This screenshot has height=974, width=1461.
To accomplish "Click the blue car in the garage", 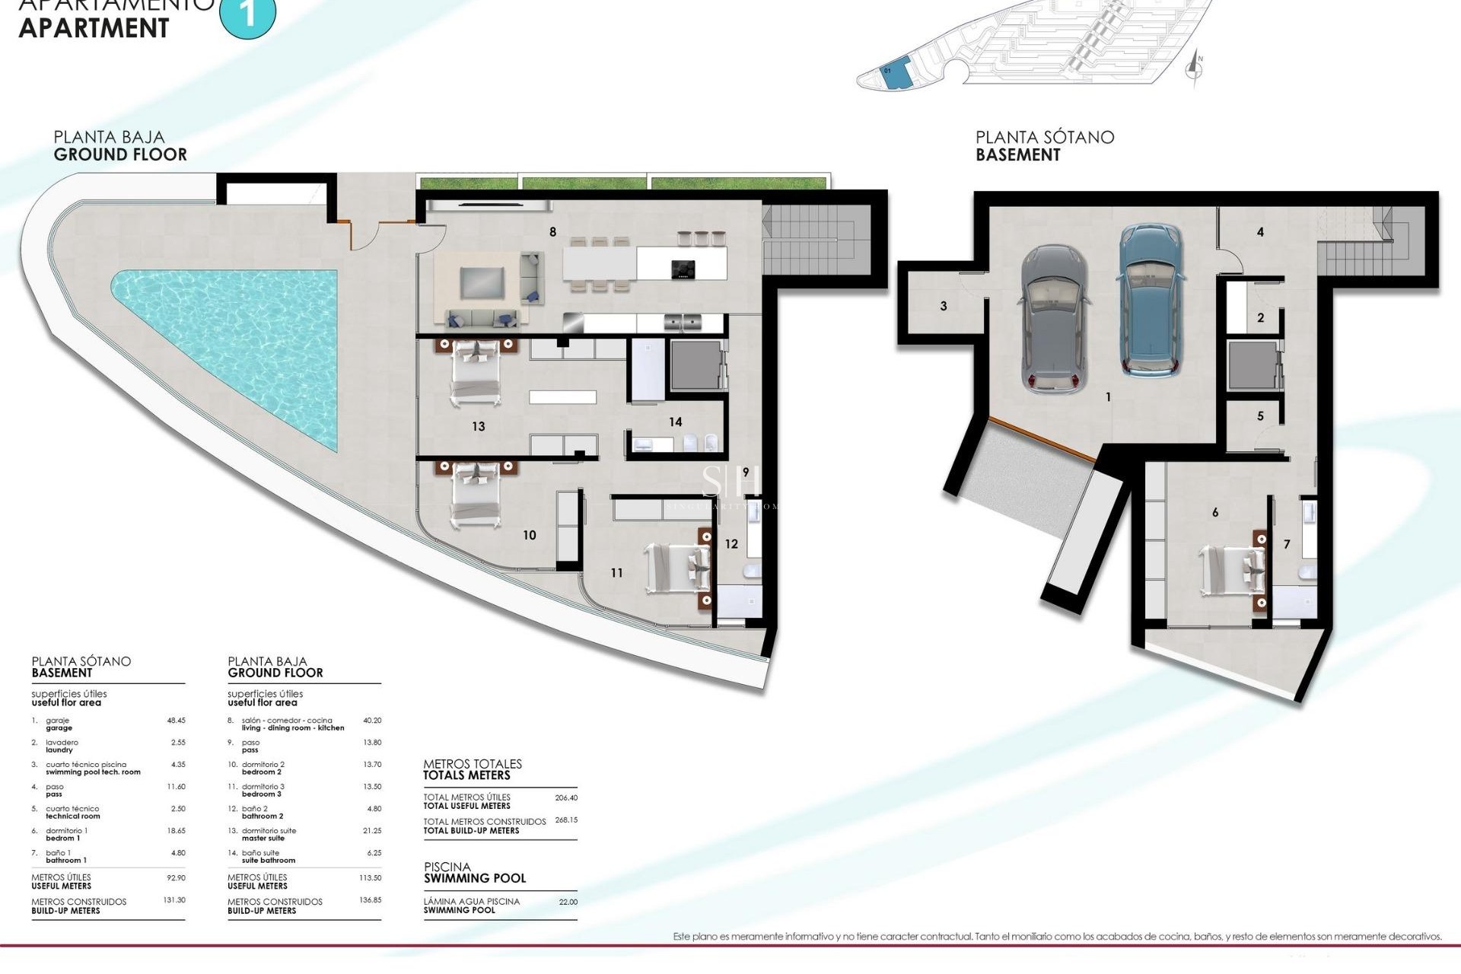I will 1151,301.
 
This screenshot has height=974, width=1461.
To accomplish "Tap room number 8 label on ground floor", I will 553,232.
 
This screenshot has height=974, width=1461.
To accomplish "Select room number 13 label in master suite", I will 479,427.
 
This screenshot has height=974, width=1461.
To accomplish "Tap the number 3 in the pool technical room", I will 944,307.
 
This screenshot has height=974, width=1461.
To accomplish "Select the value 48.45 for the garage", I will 176,720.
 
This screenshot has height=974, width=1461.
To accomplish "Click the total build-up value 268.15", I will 566,820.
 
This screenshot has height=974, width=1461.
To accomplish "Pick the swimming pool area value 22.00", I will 568,902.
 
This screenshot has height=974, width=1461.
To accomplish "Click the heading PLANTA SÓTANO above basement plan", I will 1045,138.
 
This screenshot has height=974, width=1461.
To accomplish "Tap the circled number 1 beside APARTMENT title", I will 248,13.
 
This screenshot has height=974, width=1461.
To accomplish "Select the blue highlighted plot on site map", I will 896,74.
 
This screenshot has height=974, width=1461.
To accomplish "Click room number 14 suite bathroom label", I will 676,422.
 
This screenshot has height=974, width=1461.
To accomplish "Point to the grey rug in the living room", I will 482,283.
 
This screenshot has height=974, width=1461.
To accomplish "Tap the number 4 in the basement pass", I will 1261,232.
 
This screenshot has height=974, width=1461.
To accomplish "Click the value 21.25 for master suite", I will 372,831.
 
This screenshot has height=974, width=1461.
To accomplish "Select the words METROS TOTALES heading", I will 473,764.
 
